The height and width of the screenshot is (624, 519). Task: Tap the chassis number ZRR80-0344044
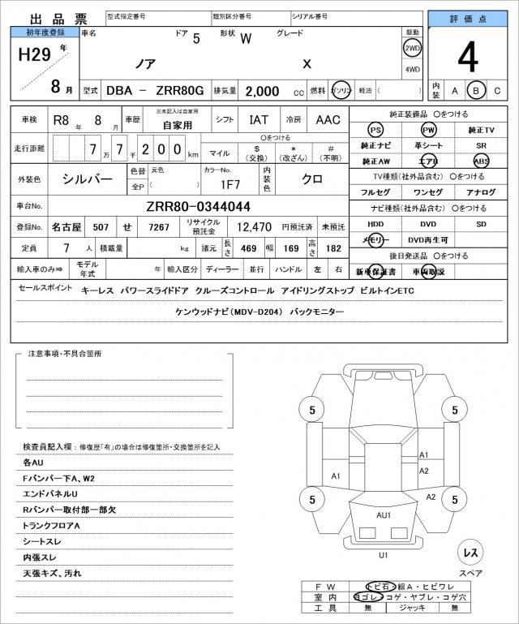[x=199, y=207]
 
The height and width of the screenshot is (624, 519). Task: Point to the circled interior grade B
[x=477, y=90]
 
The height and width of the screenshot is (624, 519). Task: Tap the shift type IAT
[x=259, y=120]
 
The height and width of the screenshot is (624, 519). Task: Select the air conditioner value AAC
[x=328, y=120]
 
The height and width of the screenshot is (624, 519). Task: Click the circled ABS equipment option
[x=482, y=161]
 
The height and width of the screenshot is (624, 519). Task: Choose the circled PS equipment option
[x=375, y=131]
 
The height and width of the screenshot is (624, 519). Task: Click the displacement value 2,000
[x=263, y=91]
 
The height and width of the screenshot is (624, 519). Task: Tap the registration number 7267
[x=158, y=228]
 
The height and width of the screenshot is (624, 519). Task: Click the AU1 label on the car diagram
[x=384, y=514]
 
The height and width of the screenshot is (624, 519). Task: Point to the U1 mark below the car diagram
[x=384, y=555]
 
